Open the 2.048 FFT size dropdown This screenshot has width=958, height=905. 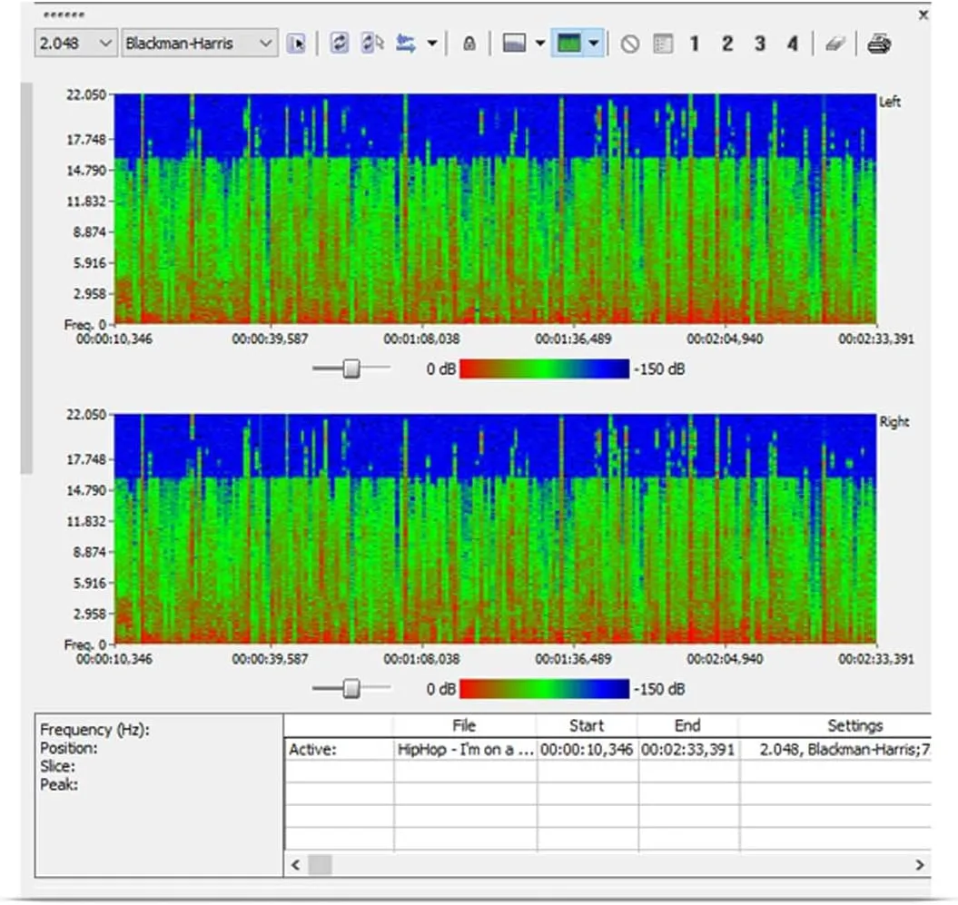(76, 43)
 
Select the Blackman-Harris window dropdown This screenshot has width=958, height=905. (200, 43)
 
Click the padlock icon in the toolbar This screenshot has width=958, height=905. (469, 44)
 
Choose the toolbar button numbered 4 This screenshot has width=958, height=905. (793, 44)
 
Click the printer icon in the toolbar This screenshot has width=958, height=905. (878, 44)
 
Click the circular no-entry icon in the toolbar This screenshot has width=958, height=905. (629, 44)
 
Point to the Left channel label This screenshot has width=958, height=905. (890, 103)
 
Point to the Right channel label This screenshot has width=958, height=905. (894, 422)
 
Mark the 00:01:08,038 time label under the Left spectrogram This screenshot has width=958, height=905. (420, 339)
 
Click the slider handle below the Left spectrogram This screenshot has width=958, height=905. (351, 368)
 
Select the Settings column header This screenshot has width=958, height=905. (854, 725)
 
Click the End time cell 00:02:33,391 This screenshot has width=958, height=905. (687, 750)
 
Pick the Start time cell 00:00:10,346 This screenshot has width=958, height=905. (587, 750)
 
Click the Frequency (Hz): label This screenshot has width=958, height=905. (94, 730)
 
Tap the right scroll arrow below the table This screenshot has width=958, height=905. (920, 865)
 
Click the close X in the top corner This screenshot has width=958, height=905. (924, 15)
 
